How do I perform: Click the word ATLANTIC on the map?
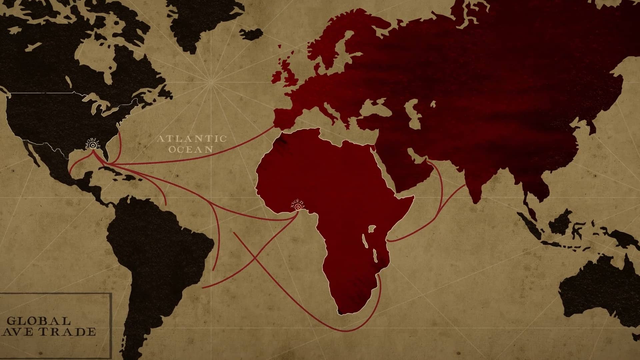coord(192,139)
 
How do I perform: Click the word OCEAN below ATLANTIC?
coord(190,149)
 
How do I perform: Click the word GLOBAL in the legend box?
coord(39,321)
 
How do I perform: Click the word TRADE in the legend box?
coord(72,332)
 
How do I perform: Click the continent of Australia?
coord(597,293)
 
